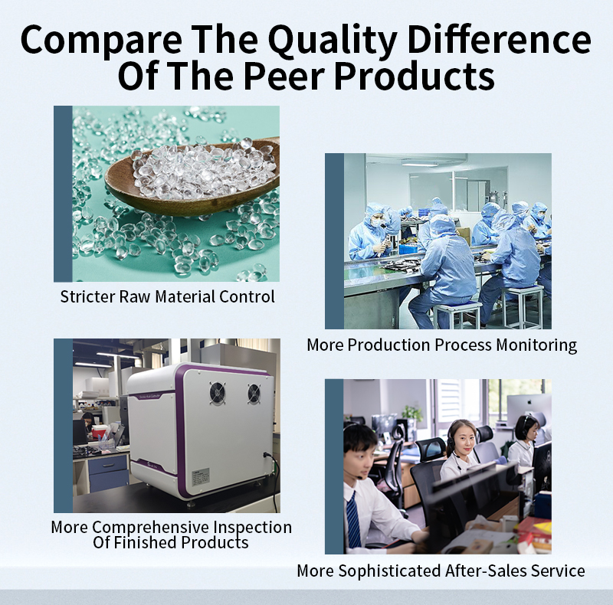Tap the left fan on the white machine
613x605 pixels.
tap(218, 394)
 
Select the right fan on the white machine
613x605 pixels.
tap(254, 394)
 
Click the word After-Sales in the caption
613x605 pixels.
tap(484, 571)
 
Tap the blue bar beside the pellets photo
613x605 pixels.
tap(63, 194)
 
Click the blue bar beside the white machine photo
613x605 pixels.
tap(63, 426)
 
